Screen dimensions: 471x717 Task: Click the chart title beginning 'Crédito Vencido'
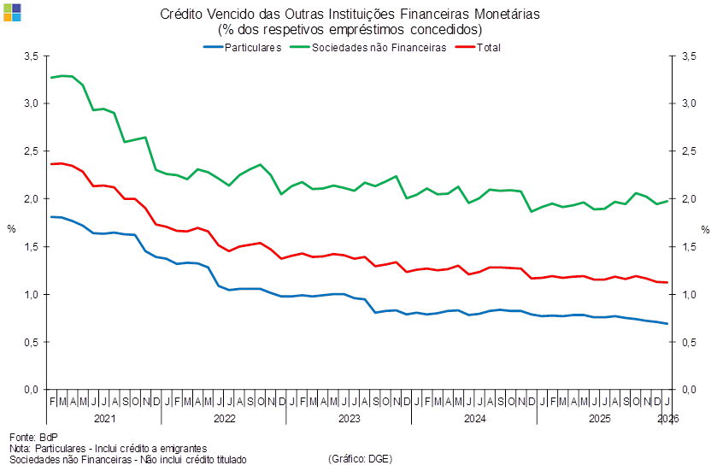point(350,14)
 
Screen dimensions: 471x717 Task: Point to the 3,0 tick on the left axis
point(32,103)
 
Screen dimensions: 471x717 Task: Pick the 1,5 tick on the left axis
point(32,247)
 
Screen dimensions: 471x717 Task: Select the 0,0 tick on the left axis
point(32,391)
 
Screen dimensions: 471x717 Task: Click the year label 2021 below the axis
point(103,420)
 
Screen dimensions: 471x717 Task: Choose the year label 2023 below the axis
point(350,420)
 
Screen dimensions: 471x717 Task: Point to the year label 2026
point(667,420)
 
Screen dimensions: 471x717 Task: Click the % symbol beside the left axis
point(11,229)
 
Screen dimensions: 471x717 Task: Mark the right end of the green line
point(667,200)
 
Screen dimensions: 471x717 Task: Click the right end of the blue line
point(667,323)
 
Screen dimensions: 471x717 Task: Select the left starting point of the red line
point(52,163)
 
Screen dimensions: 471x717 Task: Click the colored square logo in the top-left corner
point(13,12)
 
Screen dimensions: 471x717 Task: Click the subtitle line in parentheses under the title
point(350,29)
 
